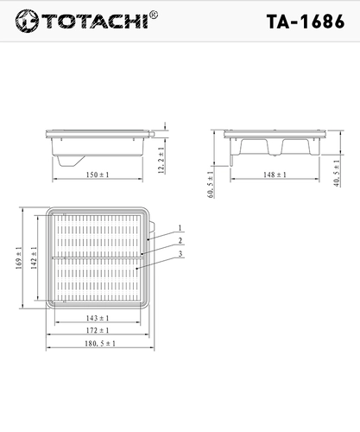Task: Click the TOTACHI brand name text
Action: pos(96,21)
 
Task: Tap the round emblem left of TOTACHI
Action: pos(27,21)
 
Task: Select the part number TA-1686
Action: pos(306,22)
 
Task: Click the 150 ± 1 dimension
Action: pos(98,175)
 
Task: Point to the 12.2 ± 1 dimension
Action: pos(161,160)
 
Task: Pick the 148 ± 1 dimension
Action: pos(275,175)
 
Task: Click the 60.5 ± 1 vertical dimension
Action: pos(211,184)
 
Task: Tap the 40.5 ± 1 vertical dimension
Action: pos(337,173)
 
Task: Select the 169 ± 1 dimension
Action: pos(19,257)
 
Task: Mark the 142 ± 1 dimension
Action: pos(34,257)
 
